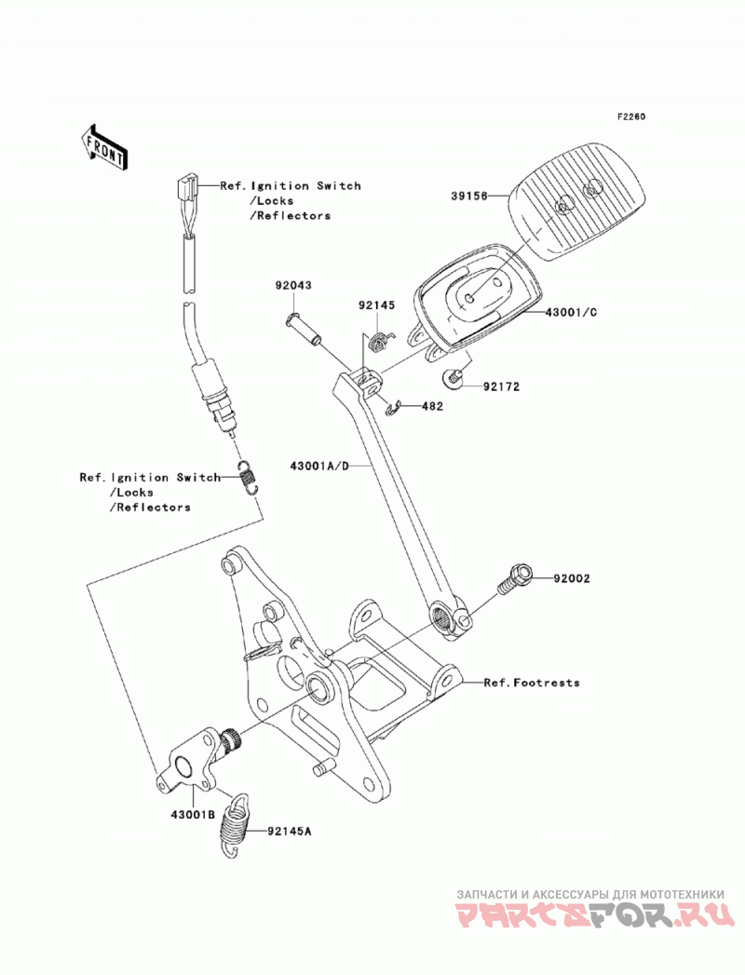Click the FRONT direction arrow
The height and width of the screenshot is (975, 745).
click(x=103, y=147)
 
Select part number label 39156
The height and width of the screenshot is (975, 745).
click(x=469, y=196)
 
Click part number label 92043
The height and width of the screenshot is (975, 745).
click(x=293, y=285)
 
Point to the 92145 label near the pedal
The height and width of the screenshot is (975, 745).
click(x=376, y=305)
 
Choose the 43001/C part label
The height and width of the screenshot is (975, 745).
click(x=571, y=312)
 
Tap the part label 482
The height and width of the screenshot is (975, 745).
click(x=432, y=407)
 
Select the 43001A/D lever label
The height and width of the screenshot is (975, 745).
click(x=329, y=465)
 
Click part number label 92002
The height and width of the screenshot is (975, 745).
click(x=572, y=578)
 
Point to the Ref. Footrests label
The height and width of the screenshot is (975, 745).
click(x=532, y=683)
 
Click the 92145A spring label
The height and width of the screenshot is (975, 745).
click(x=290, y=830)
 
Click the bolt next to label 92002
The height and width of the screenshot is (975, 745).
click(x=514, y=579)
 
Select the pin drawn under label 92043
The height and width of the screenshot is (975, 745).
click(x=303, y=329)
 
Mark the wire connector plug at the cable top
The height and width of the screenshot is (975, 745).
click(x=186, y=187)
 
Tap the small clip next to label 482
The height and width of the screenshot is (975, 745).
click(x=392, y=409)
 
